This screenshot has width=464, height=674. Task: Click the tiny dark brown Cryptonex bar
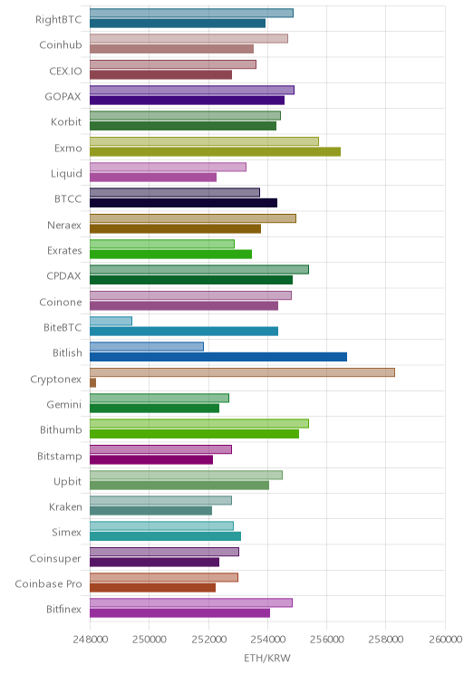[x=92, y=382]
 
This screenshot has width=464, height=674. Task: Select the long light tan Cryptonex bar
[x=242, y=372]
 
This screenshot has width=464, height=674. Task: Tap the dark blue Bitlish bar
[x=218, y=357]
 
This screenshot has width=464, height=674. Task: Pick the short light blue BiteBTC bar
[x=111, y=321]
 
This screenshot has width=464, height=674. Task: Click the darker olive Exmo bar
[x=215, y=151]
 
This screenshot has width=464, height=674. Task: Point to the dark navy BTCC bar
[x=184, y=203]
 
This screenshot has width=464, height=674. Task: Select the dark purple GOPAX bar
[x=187, y=101]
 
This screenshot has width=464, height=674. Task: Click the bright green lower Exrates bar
[x=170, y=254]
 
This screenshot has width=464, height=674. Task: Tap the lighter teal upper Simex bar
[x=161, y=525]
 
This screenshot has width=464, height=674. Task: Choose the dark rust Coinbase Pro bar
[x=152, y=588]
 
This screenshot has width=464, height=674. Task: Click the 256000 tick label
[x=326, y=640]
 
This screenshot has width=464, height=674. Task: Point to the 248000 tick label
[x=90, y=640]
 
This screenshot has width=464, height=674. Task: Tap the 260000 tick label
[x=446, y=640]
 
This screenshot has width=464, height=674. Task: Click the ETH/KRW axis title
[x=267, y=658]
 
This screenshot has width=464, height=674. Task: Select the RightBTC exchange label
[x=59, y=19]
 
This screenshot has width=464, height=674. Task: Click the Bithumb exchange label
[x=61, y=429]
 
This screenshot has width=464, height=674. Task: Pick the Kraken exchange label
[x=65, y=506]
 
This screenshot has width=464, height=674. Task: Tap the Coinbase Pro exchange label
[x=48, y=583]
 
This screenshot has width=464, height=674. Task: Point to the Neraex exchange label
[x=64, y=225]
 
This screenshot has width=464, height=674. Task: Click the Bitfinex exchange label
[x=63, y=609]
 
